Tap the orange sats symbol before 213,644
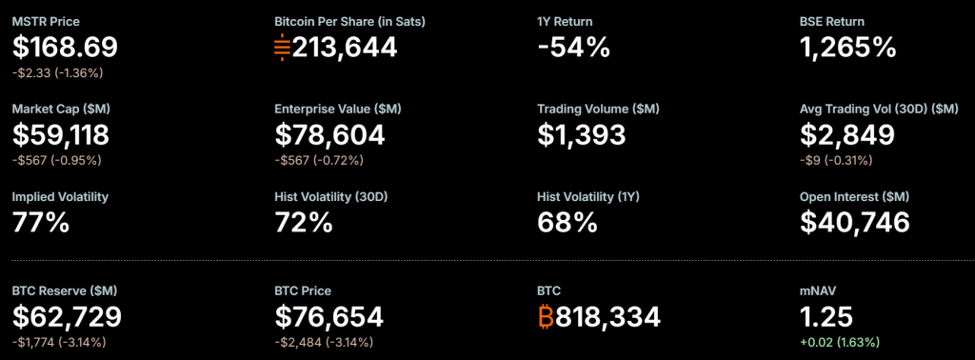[x=282, y=47]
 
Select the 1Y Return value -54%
[x=573, y=47]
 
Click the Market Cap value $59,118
[x=61, y=134]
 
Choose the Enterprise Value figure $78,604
[x=329, y=134]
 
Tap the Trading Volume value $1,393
[x=581, y=134]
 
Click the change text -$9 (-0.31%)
[x=835, y=159]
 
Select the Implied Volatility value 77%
[x=41, y=222]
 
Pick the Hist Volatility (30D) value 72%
[x=304, y=222]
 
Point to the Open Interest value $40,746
[x=854, y=222]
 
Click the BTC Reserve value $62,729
[x=67, y=316]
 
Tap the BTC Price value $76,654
[x=328, y=316]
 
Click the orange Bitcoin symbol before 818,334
[x=546, y=316]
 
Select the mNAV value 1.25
[x=826, y=316]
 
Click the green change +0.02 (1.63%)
[x=839, y=341]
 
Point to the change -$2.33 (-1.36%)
[x=56, y=71]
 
